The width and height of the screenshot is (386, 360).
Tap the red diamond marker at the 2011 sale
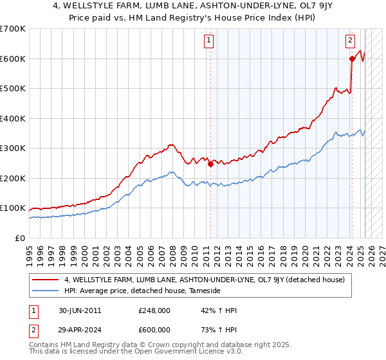[x=210, y=164]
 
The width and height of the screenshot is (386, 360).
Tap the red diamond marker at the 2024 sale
[x=352, y=59]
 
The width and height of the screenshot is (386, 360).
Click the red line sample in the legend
[x=45, y=280]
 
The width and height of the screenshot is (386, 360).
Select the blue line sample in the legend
[x=45, y=291]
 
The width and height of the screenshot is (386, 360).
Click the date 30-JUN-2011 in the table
[x=78, y=310]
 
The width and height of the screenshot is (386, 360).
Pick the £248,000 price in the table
[x=154, y=310]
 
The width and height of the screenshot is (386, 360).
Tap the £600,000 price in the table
[x=154, y=330]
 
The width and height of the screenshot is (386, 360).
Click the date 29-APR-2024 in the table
[x=78, y=330]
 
